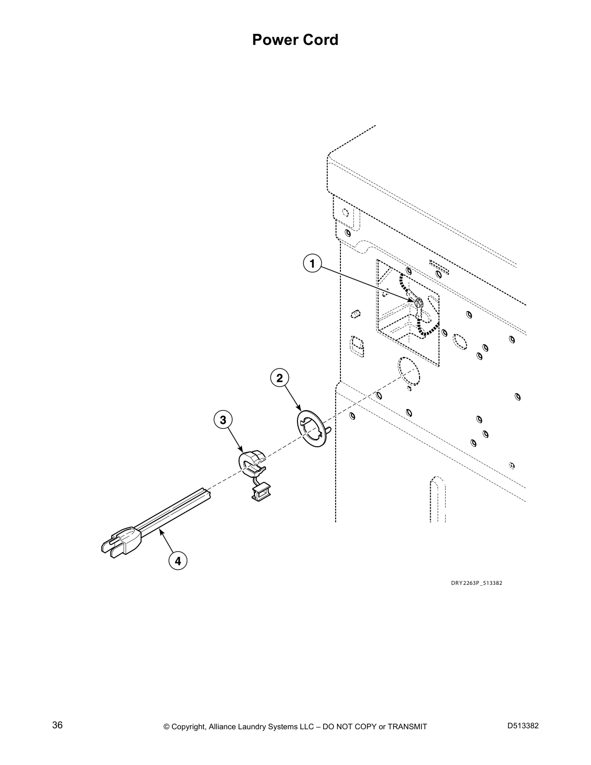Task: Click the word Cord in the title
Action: tap(321, 40)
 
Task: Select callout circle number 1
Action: tap(312, 263)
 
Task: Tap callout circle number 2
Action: tap(280, 378)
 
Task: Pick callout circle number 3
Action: tap(223, 420)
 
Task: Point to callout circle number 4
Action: tap(178, 561)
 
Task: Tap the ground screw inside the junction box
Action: tap(419, 302)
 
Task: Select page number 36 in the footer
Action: tap(57, 725)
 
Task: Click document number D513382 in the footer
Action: tap(523, 725)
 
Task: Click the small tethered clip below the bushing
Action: tap(260, 492)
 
